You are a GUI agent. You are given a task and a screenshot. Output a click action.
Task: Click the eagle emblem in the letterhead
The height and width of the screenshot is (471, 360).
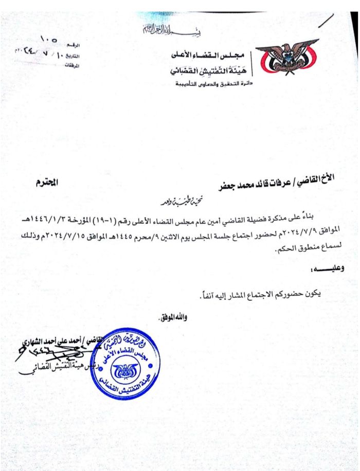tap(287, 58)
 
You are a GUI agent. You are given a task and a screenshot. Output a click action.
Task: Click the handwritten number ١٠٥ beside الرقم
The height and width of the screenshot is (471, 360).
tap(51, 40)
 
